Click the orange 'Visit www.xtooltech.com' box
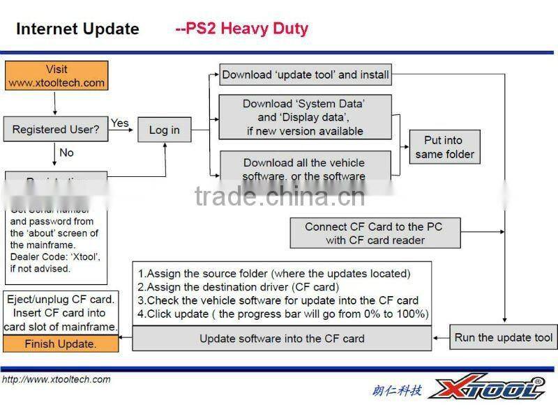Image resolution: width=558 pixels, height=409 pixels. point(56,76)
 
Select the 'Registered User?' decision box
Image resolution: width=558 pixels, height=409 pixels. point(56,130)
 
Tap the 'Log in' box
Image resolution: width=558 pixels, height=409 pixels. point(165,130)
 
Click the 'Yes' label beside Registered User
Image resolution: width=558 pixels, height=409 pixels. point(120,123)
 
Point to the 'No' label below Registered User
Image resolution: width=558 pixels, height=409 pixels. point(66,153)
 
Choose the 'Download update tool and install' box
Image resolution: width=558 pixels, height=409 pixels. point(306,75)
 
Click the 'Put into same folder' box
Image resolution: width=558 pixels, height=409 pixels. point(444,148)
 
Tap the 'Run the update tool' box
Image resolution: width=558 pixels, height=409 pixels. point(503,338)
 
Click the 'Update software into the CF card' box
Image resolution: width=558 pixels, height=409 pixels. point(282,339)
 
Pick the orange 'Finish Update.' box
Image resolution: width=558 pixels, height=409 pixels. point(60,344)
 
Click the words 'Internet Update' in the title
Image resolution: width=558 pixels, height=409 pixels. point(77,29)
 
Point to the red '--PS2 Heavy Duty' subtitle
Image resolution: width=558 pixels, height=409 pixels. point(241,29)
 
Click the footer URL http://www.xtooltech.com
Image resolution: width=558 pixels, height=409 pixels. point(56,380)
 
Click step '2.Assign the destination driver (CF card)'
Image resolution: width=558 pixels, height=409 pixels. point(239,287)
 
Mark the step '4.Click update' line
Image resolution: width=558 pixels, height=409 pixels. point(282,314)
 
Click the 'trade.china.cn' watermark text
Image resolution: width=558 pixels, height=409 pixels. point(279,196)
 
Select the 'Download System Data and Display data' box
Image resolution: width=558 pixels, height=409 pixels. point(305,117)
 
